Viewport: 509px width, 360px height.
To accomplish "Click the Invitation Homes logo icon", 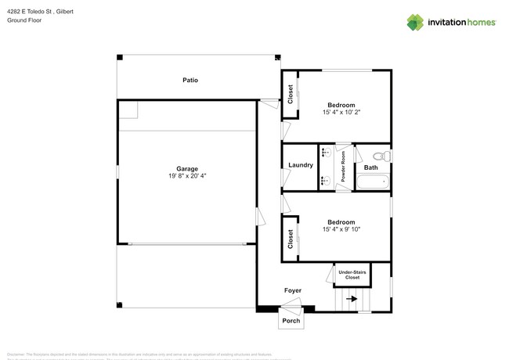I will click(x=415, y=22).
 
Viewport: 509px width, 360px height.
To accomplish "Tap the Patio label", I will click(x=190, y=80).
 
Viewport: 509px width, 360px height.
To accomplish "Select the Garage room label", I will click(x=186, y=168).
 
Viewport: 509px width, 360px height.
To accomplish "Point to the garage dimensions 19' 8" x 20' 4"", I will click(x=186, y=176).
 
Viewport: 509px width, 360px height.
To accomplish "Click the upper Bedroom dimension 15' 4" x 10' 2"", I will click(x=341, y=113).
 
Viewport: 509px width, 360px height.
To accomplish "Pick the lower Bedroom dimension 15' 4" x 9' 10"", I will click(x=341, y=229).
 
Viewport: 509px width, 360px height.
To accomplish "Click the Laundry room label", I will click(x=301, y=165).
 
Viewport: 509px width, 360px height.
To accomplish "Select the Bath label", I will click(x=370, y=167).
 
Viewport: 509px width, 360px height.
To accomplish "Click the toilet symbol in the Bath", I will click(x=381, y=155).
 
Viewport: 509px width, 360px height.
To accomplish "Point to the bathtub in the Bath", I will click(x=372, y=183).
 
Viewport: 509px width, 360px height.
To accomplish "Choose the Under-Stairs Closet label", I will click(x=352, y=275).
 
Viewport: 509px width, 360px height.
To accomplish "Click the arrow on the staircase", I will click(x=352, y=298).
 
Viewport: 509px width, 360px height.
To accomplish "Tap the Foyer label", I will click(x=292, y=290).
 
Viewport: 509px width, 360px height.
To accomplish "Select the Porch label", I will click(x=291, y=321).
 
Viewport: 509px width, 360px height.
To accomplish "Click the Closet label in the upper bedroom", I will click(x=291, y=95).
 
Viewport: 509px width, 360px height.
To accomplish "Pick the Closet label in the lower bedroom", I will click(x=291, y=239).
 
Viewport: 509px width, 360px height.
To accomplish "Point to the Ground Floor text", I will click(x=24, y=20).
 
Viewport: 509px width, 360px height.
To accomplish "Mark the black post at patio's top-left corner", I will click(x=120, y=57).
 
